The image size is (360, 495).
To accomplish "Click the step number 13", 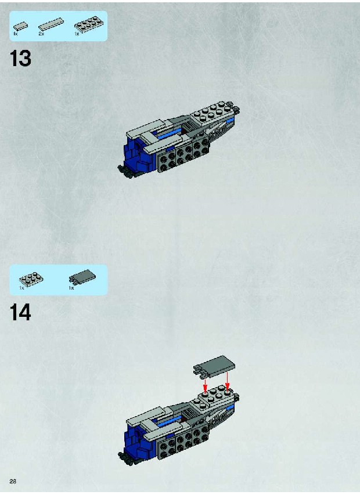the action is pos(20,59).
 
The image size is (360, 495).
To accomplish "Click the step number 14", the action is pos(20,312).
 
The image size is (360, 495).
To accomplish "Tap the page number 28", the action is pos(13,482).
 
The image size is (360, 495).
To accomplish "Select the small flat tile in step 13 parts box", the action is pos(20,26).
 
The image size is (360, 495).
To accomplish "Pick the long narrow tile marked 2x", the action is pos(51,24).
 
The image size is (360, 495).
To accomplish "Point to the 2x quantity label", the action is pos(41,34).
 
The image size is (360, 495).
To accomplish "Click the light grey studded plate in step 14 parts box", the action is pos(31,279).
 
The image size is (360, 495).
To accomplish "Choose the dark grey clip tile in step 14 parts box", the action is pos(82,277).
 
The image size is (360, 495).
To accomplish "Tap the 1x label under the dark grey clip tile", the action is pos(71,288).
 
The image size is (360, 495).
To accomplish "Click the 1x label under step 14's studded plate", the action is pos(21,288).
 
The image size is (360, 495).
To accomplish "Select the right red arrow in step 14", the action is pos(227,381).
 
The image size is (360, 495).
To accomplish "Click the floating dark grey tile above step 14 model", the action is pos(214,366).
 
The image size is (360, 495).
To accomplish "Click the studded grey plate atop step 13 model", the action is pos(213,113).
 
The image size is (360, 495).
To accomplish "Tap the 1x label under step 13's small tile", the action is pos(16,34).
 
